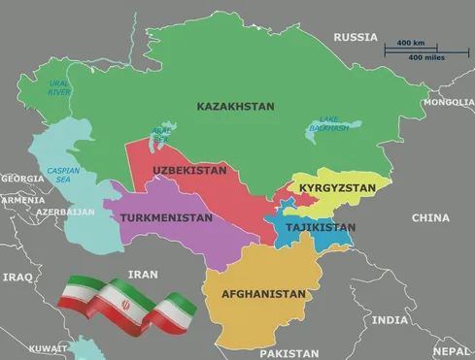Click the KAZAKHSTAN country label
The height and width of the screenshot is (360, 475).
(235, 106)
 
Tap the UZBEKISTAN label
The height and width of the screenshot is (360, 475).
(189, 171)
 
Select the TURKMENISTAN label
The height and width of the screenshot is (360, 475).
(166, 218)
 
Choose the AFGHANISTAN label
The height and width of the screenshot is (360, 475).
(263, 293)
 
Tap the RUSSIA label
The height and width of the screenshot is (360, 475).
(355, 37)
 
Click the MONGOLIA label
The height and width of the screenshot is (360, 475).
(448, 102)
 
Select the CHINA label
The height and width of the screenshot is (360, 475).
(430, 218)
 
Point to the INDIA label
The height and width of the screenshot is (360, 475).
(390, 319)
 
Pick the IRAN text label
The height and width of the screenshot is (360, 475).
(143, 275)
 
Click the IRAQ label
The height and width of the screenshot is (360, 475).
(17, 277)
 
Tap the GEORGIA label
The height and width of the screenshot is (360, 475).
(21, 179)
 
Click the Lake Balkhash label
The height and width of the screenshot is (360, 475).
(328, 123)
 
